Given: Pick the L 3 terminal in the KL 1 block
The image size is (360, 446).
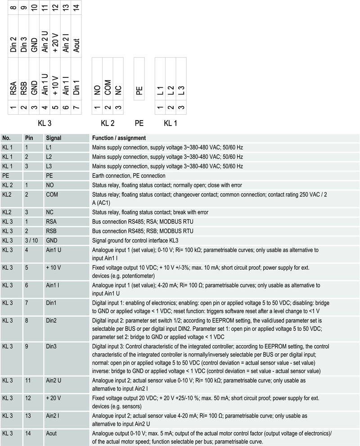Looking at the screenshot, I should click(180, 90).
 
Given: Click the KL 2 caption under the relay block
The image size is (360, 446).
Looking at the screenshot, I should click(107, 123).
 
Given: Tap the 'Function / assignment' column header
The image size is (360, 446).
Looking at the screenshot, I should click(119, 138).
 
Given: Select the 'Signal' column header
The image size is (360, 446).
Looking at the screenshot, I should click(54, 138).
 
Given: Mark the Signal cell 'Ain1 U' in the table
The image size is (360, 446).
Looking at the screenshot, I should click(53, 250).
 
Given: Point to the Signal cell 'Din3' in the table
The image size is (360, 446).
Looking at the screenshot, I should click(51, 347).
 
